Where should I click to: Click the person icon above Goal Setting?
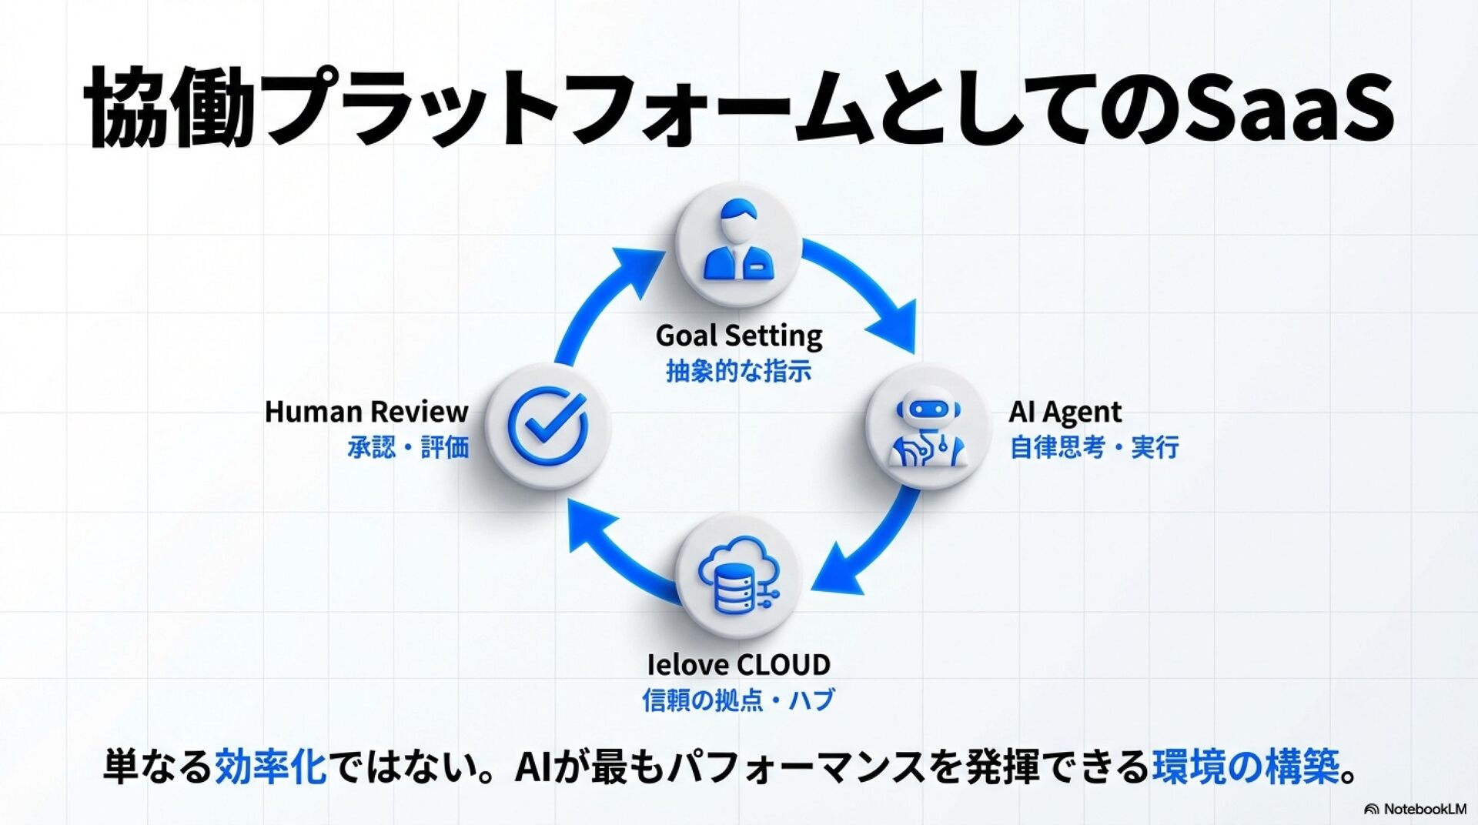click(737, 242)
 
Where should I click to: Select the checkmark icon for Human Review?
click(548, 426)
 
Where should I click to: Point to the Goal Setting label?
click(738, 336)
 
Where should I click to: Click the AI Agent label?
click(1065, 412)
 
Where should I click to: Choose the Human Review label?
click(366, 412)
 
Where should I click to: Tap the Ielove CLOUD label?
click(738, 664)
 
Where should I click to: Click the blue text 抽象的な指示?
click(738, 372)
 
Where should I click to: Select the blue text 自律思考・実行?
click(1094, 447)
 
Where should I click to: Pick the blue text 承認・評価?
click(408, 447)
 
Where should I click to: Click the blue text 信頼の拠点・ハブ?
click(738, 700)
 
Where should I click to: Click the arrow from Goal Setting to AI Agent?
click(866, 289)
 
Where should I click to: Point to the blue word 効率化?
click(270, 767)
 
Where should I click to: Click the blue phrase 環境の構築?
click(1246, 767)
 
